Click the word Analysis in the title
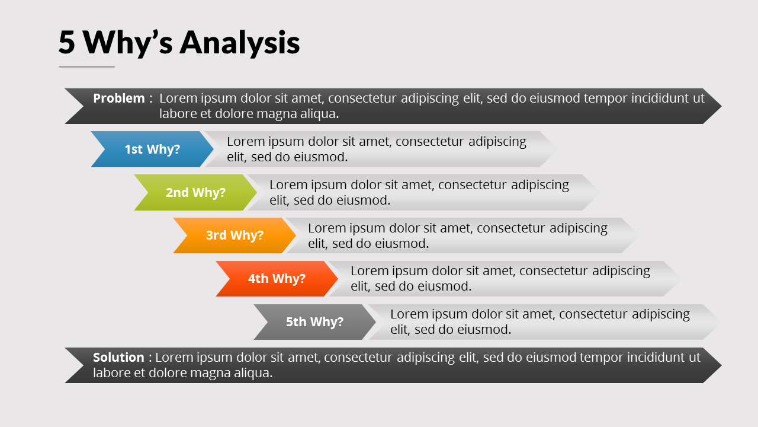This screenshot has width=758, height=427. [x=240, y=43]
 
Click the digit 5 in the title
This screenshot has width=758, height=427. [x=68, y=43]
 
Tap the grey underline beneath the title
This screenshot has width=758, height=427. [x=86, y=66]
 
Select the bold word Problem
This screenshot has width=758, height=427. [x=118, y=98]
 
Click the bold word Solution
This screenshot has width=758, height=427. [x=118, y=358]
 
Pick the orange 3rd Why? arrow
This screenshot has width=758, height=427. [x=235, y=235]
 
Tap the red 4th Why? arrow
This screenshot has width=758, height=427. [x=277, y=279]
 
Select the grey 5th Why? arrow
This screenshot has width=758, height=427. [x=314, y=322]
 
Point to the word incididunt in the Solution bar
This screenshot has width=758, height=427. [x=651, y=358]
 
